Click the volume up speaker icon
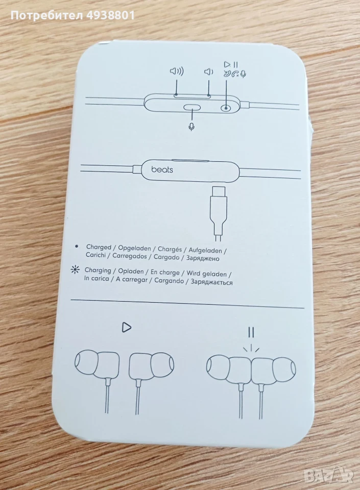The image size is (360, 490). pyautogui.click(x=177, y=71)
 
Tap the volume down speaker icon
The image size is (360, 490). pyautogui.click(x=208, y=72)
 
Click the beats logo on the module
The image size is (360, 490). pyautogui.click(x=162, y=169)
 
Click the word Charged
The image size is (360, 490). pyautogui.click(x=99, y=247)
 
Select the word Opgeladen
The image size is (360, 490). pyautogui.click(x=134, y=249)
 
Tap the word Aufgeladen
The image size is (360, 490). pyautogui.click(x=205, y=250)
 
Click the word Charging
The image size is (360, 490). pyautogui.click(x=98, y=270)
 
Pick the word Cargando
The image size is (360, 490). pyautogui.click(x=169, y=281)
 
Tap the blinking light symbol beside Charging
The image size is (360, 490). pyautogui.click(x=75, y=269)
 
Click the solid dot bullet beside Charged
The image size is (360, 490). pyautogui.click(x=77, y=246)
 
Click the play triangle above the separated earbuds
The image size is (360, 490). pyautogui.click(x=127, y=327)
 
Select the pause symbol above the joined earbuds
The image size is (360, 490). pyautogui.click(x=251, y=332)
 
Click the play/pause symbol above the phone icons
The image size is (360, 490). pyautogui.click(x=231, y=65)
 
